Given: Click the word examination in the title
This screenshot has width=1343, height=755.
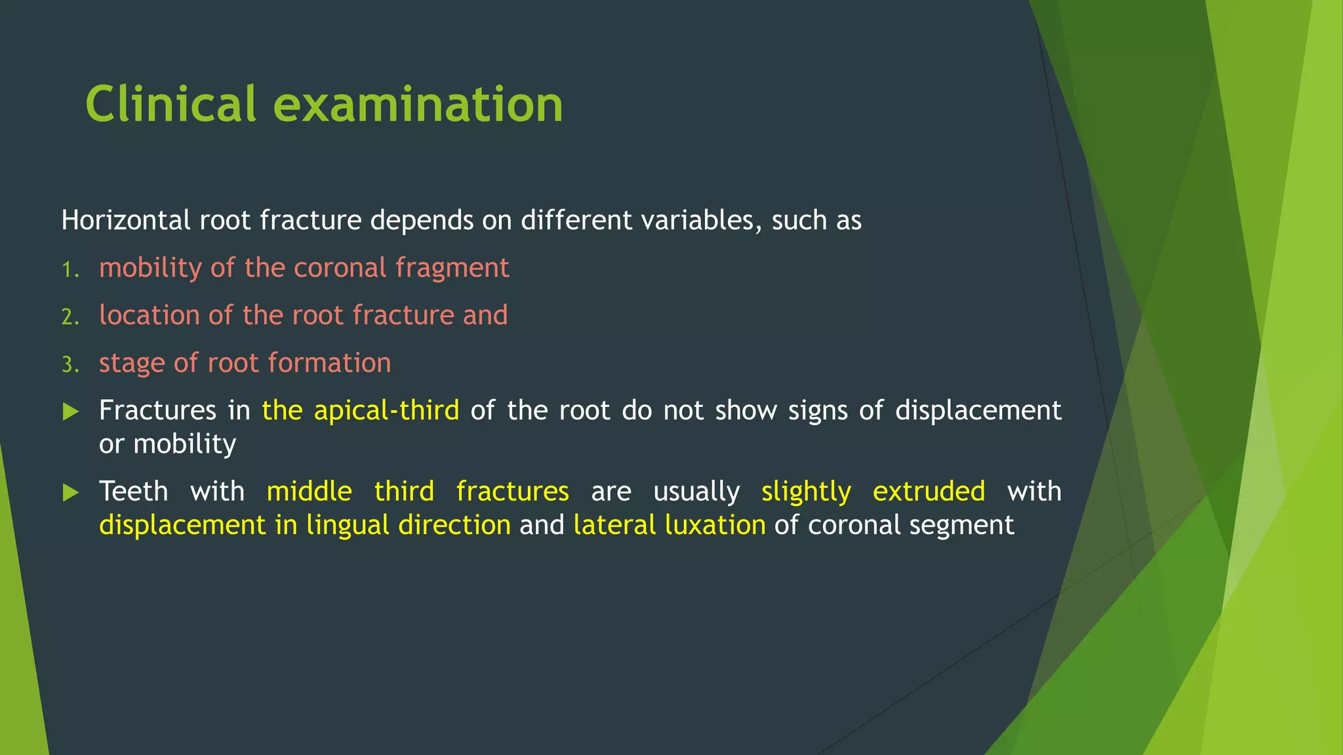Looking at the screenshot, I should point(418,105).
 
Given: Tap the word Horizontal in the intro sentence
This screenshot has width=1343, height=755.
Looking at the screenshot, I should point(125,220).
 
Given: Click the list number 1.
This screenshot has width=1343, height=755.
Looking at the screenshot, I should point(70,269).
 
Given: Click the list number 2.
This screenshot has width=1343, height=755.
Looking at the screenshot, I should point(70,317).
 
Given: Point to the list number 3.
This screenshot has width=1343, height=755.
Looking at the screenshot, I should point(70,364).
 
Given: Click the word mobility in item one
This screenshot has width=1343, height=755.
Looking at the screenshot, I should point(150,268).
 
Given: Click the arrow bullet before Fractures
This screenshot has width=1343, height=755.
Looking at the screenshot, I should point(71,412).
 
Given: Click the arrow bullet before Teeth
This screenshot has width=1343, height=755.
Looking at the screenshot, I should point(71,493).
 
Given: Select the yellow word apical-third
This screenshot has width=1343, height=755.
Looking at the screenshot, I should point(386,411).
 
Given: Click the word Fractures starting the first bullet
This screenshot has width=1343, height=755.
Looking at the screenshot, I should point(157,411).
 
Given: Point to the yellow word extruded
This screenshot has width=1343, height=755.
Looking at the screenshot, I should point(929,492).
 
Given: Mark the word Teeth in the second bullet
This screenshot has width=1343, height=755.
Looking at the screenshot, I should point(134,492).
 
